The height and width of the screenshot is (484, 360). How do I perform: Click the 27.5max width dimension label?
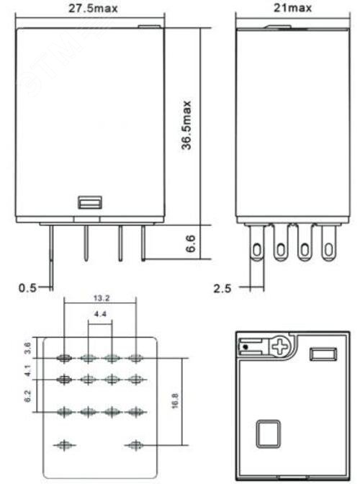[93, 9]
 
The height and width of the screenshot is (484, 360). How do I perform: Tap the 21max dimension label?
[293, 8]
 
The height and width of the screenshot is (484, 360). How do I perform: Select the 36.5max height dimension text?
[186, 125]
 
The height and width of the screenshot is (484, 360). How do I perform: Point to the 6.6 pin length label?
[191, 243]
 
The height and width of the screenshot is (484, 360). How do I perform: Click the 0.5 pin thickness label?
[27, 288]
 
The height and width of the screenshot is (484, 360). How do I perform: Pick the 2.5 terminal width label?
[222, 289]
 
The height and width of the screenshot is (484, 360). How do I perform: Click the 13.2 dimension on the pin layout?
[102, 298]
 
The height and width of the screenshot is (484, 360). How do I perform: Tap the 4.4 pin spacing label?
[100, 314]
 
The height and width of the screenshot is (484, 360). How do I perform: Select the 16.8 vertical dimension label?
[175, 401]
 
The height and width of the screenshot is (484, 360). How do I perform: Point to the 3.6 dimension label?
[27, 348]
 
